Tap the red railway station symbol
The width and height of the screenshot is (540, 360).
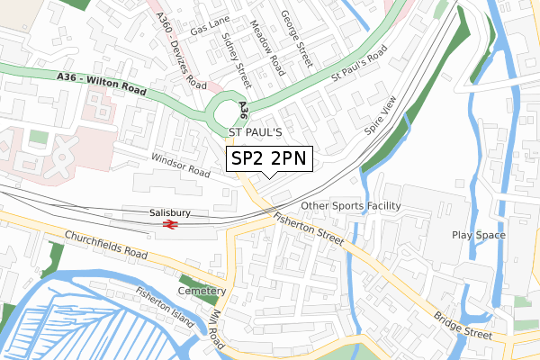[x=170, y=224]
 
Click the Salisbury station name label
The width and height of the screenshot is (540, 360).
[x=170, y=212]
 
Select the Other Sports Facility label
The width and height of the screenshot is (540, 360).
[x=350, y=206]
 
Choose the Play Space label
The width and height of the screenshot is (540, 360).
[x=478, y=235]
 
